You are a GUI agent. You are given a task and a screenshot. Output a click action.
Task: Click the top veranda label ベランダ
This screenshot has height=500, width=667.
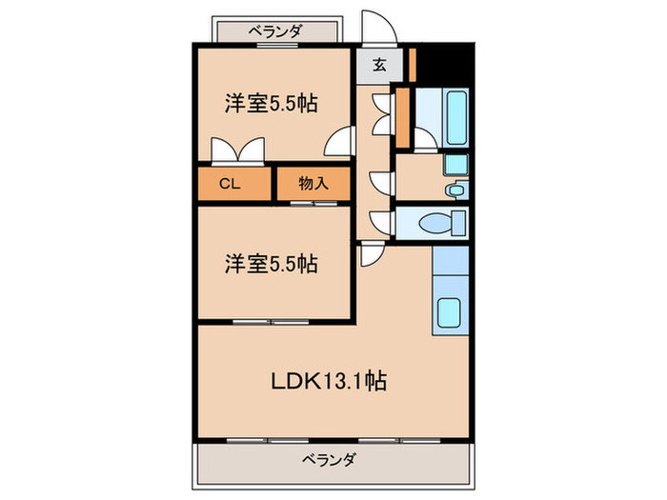point(276,31)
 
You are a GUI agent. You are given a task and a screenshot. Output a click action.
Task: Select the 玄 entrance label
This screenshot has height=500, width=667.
point(379,66)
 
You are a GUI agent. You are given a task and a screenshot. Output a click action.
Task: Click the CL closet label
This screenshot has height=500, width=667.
point(229,185)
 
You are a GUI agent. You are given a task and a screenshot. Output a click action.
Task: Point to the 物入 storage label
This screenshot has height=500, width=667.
point(313,184)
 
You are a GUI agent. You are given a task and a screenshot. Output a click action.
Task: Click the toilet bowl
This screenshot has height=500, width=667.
point(442,225)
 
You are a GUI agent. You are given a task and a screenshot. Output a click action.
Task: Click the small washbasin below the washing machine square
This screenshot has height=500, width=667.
point(455,190)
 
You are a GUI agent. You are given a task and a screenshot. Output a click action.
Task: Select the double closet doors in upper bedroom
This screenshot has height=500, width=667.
point(237,150)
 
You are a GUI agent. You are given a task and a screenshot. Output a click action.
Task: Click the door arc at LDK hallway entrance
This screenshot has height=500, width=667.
point(371,254)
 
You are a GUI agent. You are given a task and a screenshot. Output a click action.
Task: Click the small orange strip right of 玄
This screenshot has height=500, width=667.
point(412,63)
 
